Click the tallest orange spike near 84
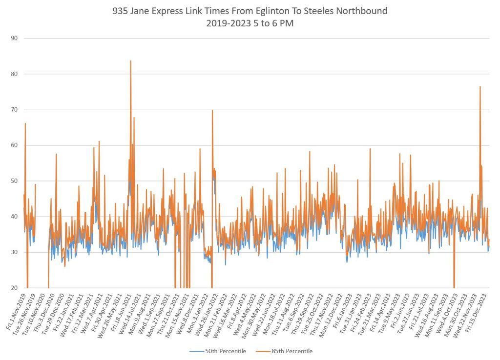click(x=130, y=61)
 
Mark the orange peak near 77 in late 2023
click(x=480, y=87)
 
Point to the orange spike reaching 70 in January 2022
click(x=212, y=111)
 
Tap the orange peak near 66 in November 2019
click(x=25, y=124)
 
